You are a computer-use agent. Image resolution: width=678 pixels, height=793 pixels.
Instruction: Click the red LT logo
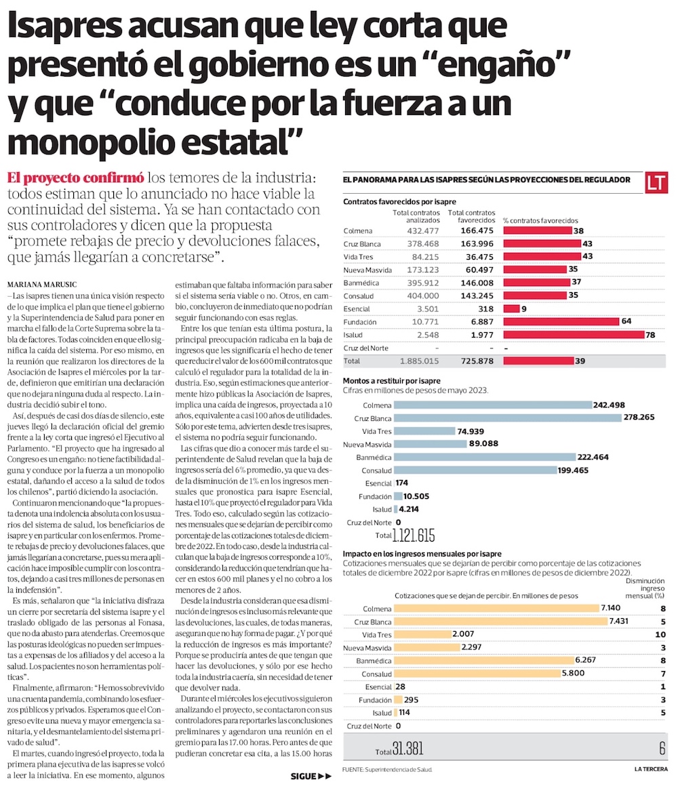pyautogui.click(x=656, y=182)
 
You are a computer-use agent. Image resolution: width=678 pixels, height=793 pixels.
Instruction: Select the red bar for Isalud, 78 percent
pyautogui.click(x=574, y=335)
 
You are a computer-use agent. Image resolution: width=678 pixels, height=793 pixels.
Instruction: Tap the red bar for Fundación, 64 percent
pyautogui.click(x=561, y=322)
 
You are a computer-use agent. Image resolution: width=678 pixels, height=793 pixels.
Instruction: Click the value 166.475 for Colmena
pyautogui.click(x=477, y=230)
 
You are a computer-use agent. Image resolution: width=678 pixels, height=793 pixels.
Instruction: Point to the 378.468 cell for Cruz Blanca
pyautogui.click(x=423, y=244)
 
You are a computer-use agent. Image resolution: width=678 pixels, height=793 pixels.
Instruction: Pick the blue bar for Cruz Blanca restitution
pyautogui.click(x=508, y=418)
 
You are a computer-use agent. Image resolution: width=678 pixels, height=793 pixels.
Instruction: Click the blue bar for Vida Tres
pyautogui.click(x=424, y=431)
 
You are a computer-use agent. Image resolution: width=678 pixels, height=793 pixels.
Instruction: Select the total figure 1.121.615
pyautogui.click(x=414, y=535)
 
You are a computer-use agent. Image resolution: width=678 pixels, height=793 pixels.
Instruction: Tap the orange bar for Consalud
pyautogui.click(x=477, y=674)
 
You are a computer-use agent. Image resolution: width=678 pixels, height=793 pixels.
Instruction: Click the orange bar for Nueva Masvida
pyautogui.click(x=427, y=647)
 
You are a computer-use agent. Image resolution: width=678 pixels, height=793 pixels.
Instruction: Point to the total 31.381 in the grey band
pyautogui.click(x=407, y=748)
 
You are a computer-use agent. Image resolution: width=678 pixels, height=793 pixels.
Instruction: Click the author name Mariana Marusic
pyautogui.click(x=42, y=285)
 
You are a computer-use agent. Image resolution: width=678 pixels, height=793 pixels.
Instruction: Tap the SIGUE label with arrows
pyautogui.click(x=311, y=776)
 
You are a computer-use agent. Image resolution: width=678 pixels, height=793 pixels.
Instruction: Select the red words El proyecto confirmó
pyautogui.click(x=75, y=178)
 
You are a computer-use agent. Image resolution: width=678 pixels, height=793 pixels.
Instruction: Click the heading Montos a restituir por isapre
pyautogui.click(x=392, y=381)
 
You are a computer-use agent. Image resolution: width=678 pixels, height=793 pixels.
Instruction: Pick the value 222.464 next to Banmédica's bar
pyautogui.click(x=593, y=457)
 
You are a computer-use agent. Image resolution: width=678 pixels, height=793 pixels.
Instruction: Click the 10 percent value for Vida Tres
pyautogui.click(x=660, y=634)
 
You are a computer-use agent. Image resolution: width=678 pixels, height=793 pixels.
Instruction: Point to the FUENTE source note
pyautogui.click(x=387, y=770)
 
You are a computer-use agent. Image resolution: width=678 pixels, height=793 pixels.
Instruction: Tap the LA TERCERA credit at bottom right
pyautogui.click(x=651, y=769)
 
